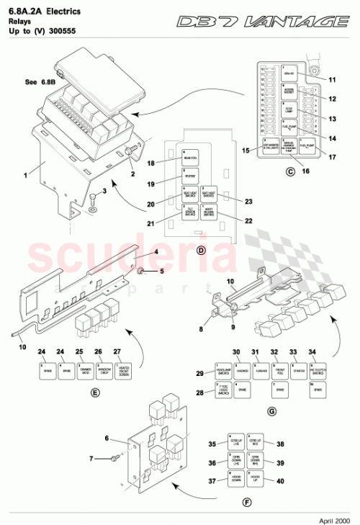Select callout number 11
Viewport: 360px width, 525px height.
(x=333, y=79)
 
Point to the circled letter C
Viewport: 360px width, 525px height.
(x=289, y=171)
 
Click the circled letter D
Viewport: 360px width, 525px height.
(x=202, y=250)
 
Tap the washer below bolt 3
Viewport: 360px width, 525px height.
(x=92, y=212)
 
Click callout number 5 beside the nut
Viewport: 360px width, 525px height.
(x=161, y=271)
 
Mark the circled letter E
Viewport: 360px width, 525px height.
(x=96, y=393)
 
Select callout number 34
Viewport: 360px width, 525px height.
(x=312, y=352)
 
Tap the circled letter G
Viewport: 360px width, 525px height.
(x=271, y=410)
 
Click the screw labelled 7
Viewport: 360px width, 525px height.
(x=114, y=457)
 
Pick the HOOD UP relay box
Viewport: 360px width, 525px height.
(x=255, y=480)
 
